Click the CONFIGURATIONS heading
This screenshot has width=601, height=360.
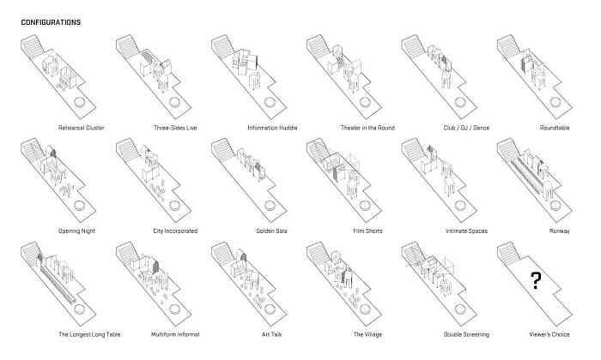coord(51,22)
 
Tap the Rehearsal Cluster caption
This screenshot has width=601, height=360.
coord(82,128)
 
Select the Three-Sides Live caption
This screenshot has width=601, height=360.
coord(175,128)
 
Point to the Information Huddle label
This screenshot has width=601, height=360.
coord(272,128)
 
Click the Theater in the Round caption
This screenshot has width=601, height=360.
coord(367,128)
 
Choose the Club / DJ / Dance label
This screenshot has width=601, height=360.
coord(466,128)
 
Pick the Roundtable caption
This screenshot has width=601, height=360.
coord(555,128)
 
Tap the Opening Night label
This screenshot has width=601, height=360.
coord(76,231)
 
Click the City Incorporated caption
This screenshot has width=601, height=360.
coord(175,231)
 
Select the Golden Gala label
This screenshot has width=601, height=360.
coord(272,231)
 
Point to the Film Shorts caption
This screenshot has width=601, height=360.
coord(367,231)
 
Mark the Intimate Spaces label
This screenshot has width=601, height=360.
coord(466,231)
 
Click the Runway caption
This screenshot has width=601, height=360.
coord(559,231)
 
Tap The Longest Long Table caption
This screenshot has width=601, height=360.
coord(89,334)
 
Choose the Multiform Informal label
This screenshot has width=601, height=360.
coord(175,334)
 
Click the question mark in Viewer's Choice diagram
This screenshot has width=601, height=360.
coord(536,280)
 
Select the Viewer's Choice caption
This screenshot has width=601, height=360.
coord(549,334)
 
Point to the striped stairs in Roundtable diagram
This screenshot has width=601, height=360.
coord(508,45)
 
